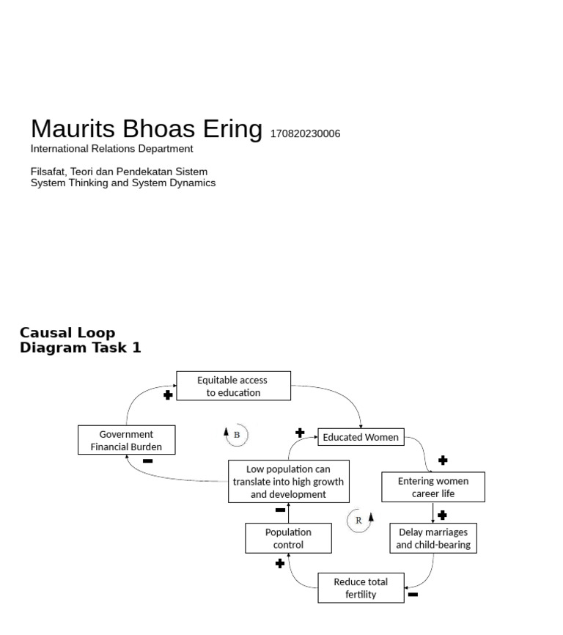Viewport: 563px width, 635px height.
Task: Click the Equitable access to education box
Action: (x=233, y=386)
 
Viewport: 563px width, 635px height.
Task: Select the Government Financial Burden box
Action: (x=126, y=440)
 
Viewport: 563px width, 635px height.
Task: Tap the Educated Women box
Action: (x=361, y=437)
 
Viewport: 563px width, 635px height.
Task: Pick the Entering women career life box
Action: (x=433, y=487)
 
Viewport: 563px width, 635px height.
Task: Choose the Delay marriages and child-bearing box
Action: (x=433, y=538)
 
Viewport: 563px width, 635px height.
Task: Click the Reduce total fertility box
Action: (x=361, y=588)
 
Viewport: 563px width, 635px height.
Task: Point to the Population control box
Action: (x=288, y=538)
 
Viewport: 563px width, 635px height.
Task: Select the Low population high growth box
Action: (x=288, y=481)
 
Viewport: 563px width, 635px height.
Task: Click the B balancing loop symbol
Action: (x=236, y=434)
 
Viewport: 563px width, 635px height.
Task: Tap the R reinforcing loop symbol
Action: (x=359, y=520)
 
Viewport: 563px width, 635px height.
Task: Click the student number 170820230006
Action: (x=305, y=134)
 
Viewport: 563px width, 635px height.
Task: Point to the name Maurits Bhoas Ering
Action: (x=146, y=129)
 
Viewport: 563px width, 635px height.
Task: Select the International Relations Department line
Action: (x=111, y=149)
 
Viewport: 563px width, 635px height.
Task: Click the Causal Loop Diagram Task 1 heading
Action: (x=80, y=340)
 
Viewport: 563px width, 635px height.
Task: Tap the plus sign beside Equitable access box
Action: (x=168, y=395)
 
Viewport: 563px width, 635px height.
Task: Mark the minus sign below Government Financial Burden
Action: (x=147, y=461)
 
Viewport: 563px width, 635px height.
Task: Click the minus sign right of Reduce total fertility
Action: (x=413, y=595)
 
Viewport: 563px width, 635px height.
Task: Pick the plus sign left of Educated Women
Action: (x=300, y=433)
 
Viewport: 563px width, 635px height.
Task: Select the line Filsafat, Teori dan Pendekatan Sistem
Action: (x=119, y=172)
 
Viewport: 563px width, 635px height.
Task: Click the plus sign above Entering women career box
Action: (x=443, y=460)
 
